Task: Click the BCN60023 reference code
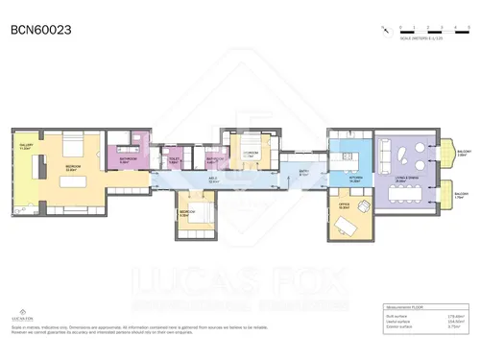(x=41, y=30)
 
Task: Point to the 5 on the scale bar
(x=465, y=27)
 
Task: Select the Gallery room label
(x=25, y=147)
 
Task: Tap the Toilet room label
(x=174, y=161)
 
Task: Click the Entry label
(x=303, y=173)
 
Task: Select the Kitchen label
(x=355, y=180)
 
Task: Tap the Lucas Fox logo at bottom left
(x=21, y=312)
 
